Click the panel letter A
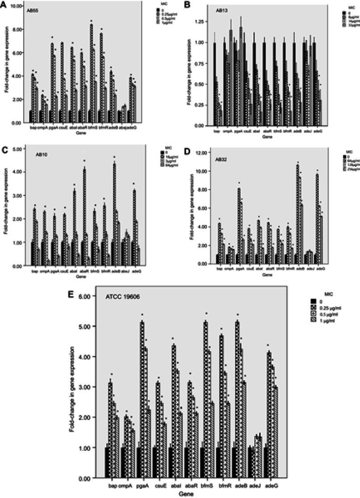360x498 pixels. tap(4, 4)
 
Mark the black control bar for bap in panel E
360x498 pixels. tap(108, 462)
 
